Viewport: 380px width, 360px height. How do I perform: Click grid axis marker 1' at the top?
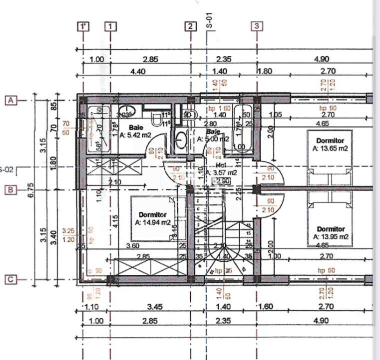84,26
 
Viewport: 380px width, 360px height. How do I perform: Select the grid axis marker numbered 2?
190,26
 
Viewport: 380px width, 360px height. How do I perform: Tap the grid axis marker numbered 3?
257,26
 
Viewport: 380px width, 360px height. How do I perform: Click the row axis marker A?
11,100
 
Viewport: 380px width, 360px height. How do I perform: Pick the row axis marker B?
11,189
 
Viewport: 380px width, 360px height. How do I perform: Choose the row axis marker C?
11,280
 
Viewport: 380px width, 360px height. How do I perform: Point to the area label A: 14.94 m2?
153,222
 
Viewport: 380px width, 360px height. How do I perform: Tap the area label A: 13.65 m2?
330,148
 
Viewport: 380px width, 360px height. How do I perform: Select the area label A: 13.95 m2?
330,236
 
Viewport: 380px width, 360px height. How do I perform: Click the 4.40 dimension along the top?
137,71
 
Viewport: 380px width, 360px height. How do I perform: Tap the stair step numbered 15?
248,233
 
